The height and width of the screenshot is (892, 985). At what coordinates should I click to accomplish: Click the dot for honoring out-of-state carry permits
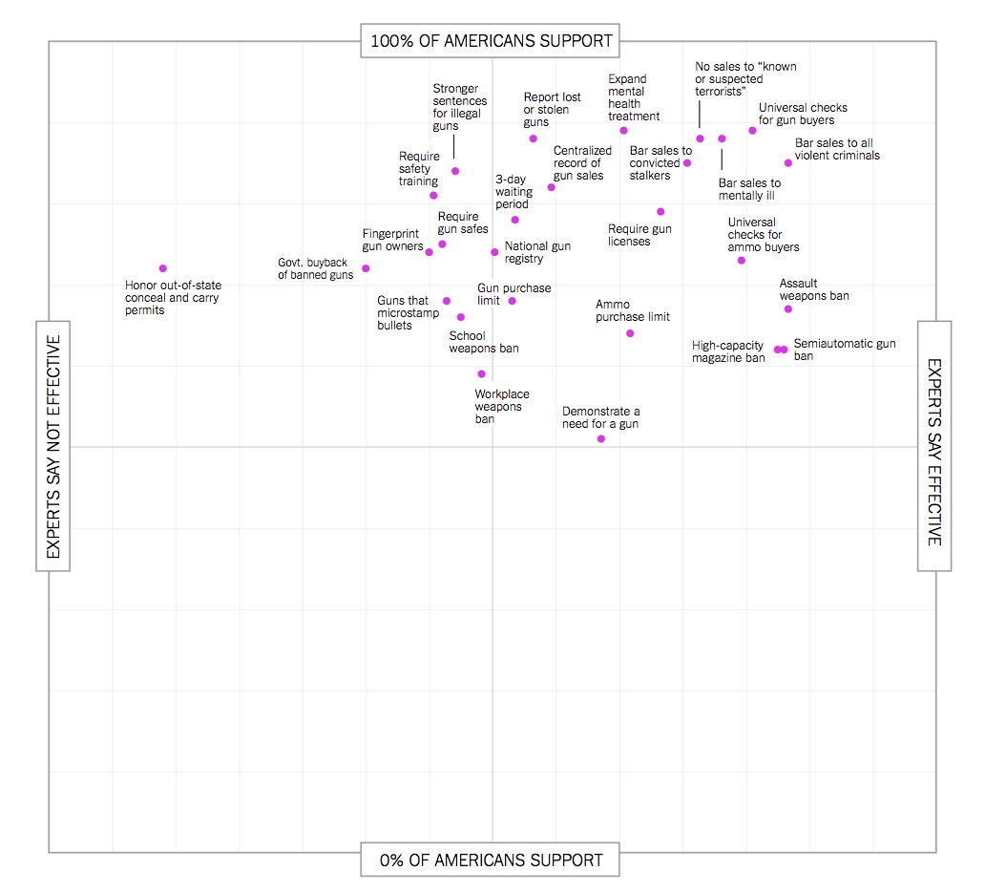(x=163, y=268)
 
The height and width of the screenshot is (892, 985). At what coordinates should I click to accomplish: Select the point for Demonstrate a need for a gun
(x=601, y=438)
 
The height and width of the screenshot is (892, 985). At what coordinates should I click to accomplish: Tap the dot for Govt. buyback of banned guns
(x=366, y=268)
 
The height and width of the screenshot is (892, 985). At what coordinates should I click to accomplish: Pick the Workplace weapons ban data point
(x=481, y=373)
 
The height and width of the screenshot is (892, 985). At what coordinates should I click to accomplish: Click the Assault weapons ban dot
(x=788, y=308)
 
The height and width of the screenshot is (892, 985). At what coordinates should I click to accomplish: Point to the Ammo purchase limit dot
(x=630, y=333)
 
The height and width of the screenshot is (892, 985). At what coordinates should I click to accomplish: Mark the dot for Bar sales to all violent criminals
(x=788, y=162)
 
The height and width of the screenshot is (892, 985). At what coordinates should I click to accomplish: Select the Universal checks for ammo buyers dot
(x=742, y=260)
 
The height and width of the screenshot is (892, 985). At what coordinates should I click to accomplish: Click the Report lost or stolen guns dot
(x=534, y=138)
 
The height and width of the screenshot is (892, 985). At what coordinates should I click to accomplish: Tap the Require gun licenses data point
(x=660, y=211)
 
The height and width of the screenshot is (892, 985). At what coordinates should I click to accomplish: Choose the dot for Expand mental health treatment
(x=623, y=130)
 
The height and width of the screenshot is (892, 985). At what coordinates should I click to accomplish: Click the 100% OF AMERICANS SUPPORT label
(x=492, y=41)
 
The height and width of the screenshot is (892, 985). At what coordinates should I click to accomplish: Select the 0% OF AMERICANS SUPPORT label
(x=492, y=860)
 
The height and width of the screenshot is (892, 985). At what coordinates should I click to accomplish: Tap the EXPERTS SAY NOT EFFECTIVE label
(x=53, y=446)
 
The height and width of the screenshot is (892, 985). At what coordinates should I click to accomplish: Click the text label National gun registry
(x=537, y=252)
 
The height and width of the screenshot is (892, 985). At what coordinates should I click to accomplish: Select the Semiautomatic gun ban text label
(x=845, y=350)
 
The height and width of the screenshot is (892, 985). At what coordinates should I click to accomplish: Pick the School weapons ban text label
(x=484, y=342)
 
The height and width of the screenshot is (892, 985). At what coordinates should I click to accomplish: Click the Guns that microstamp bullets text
(x=403, y=313)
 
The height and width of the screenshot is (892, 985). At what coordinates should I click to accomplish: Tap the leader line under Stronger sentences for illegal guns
(x=454, y=147)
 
